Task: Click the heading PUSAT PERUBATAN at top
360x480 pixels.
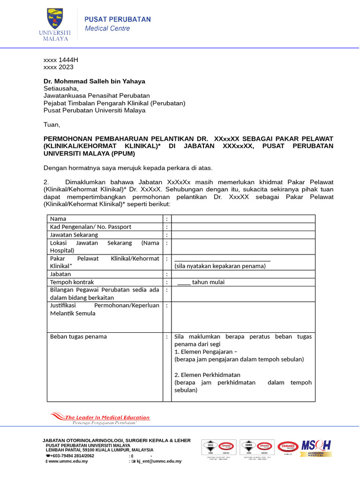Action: click(x=117, y=19)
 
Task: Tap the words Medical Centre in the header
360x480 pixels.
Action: click(x=107, y=29)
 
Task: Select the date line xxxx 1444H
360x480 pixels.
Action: click(x=61, y=60)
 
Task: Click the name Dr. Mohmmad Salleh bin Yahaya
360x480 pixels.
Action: click(x=94, y=81)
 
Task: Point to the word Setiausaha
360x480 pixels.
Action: click(x=61, y=88)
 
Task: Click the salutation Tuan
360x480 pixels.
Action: click(x=52, y=125)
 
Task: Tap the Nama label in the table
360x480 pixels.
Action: click(x=58, y=219)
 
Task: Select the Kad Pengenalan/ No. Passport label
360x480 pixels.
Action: click(x=90, y=227)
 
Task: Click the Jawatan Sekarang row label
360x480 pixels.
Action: click(x=74, y=235)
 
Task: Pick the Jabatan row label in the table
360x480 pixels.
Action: click(x=60, y=274)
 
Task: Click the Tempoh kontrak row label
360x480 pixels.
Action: click(x=72, y=282)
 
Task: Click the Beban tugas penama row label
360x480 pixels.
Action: click(x=78, y=337)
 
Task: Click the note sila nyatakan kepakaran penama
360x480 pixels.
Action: click(x=220, y=266)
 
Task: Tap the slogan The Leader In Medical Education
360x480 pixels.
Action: click(x=107, y=418)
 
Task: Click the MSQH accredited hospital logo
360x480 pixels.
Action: click(x=316, y=448)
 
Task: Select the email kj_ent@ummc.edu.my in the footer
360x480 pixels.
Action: click(x=158, y=461)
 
